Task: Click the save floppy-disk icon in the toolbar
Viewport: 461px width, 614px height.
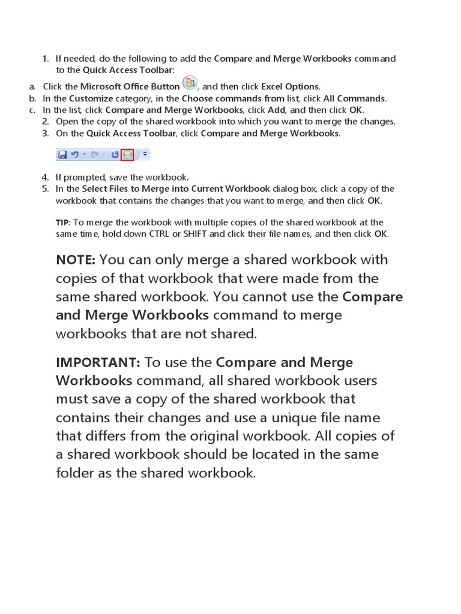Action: pos(62,155)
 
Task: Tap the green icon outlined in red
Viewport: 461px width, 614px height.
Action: pos(127,155)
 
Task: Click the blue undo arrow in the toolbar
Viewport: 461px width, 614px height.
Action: pos(74,155)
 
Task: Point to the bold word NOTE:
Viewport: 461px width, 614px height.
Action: pos(76,260)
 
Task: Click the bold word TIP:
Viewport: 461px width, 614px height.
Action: pos(63,222)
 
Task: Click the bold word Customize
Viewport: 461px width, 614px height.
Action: pos(91,98)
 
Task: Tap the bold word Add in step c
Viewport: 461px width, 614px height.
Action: pos(276,110)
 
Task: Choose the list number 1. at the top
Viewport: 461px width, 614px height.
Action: pos(46,59)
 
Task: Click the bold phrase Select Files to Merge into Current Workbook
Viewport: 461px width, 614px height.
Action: pos(176,188)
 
